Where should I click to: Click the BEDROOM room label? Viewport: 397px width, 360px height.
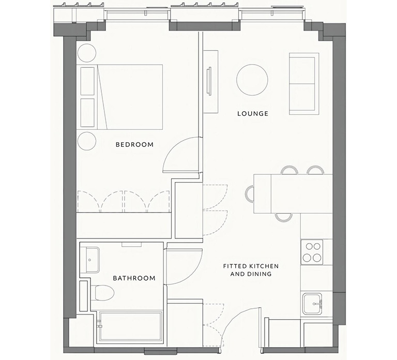tap(134, 145)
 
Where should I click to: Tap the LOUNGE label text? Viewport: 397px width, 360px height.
tap(253, 113)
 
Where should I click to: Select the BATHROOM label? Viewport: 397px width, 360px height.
tap(134, 278)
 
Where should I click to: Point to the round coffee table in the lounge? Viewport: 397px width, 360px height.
tap(252, 80)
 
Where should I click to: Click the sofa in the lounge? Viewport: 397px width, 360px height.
tap(304, 84)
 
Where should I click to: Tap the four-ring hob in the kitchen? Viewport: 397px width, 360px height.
tap(312, 252)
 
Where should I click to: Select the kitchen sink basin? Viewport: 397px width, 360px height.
tap(312, 304)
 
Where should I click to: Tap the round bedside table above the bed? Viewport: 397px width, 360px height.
tap(87, 53)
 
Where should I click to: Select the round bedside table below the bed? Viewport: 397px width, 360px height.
tap(87, 141)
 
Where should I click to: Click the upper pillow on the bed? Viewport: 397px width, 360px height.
tap(87, 81)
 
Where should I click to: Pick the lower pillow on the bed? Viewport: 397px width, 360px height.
tap(87, 112)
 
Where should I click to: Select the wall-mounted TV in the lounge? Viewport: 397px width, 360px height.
tap(209, 82)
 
